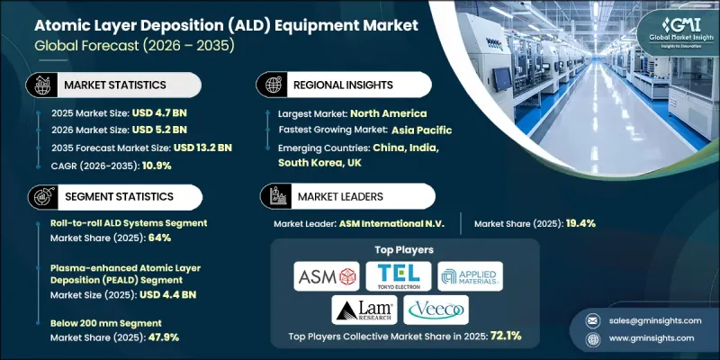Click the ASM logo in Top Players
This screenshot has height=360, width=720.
327,275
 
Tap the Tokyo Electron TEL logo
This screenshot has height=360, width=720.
398,275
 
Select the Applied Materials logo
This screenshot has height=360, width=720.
471,275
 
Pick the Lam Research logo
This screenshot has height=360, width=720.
361,310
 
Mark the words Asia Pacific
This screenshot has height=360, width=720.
422,130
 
